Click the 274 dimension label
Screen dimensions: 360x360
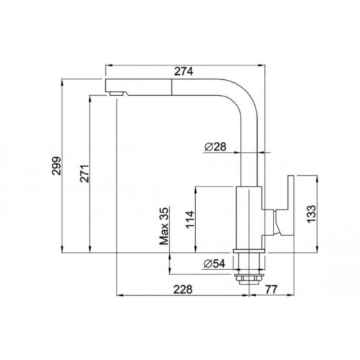(184, 71)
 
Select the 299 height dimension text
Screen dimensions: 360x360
(57, 166)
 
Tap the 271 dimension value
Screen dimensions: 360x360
(84, 174)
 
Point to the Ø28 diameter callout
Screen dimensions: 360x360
(215, 147)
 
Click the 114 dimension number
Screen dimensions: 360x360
(190, 220)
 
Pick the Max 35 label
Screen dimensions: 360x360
(164, 226)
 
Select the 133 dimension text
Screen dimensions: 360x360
(312, 214)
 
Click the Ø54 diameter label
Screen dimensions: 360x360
(215, 264)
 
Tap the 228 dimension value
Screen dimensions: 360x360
(183, 289)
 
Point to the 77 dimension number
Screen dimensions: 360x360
(271, 289)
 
